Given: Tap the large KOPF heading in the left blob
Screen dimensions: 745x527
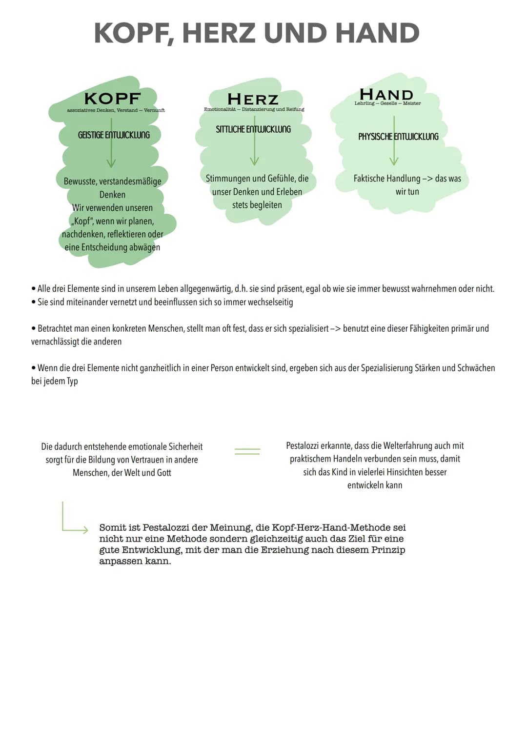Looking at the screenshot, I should click(112, 99).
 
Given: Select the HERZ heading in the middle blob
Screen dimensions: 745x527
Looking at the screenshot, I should click(253, 100).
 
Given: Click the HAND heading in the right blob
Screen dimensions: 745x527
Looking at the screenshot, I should click(386, 94).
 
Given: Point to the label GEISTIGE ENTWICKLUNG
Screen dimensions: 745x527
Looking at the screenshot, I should click(114, 135).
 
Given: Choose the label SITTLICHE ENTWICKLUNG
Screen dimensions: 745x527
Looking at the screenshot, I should click(253, 129).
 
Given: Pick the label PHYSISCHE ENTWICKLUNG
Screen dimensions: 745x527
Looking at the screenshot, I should click(398, 137).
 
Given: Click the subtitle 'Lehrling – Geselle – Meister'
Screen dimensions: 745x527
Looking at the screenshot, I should click(387, 103).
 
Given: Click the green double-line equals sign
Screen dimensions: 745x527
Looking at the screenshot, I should click(247, 451).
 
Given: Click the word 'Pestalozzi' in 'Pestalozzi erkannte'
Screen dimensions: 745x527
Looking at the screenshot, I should click(302, 446).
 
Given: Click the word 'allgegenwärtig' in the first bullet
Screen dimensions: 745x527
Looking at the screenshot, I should click(206, 289).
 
